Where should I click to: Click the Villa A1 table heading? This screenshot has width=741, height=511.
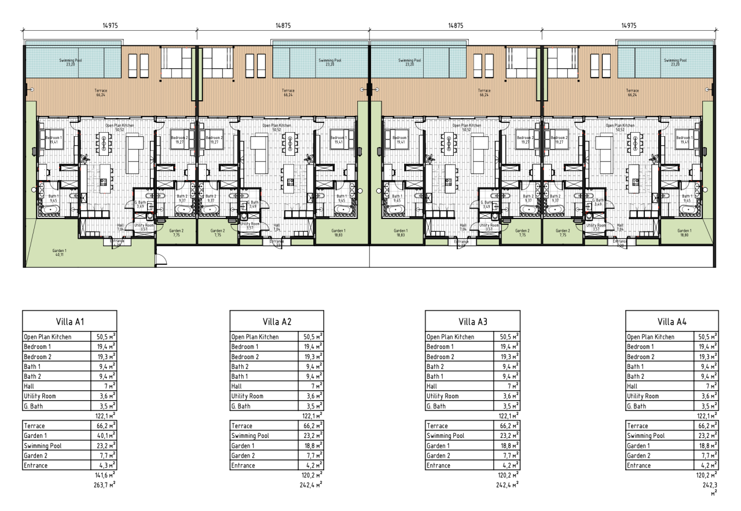69,322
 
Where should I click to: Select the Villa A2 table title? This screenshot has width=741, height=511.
276,322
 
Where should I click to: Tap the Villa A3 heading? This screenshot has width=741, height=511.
471,322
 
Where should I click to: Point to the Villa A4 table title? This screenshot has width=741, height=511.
672,322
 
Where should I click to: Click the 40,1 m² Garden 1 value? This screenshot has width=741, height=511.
105,436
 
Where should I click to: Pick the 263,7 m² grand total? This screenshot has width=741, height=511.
104,485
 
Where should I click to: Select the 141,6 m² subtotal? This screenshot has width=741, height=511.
104,475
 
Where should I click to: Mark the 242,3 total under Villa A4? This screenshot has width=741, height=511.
710,486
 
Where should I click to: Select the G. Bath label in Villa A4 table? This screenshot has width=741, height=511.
637,406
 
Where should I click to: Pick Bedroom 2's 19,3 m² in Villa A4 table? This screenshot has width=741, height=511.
707,357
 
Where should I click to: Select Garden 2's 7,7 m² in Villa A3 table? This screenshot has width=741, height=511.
508,455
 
